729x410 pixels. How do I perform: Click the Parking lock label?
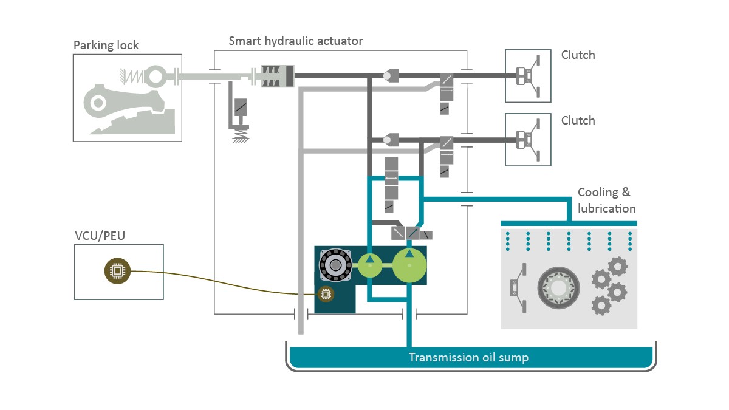click(106, 46)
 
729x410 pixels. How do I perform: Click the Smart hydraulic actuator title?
click(296, 41)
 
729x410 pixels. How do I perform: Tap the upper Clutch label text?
click(578, 55)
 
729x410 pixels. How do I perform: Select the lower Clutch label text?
click(578, 120)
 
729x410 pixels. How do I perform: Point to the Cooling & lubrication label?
click(606, 200)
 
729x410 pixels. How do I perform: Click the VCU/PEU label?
click(100, 236)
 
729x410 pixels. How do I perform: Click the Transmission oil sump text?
click(468, 357)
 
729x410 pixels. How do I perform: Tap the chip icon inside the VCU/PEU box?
click(117, 271)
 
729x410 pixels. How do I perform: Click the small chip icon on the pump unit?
click(326, 295)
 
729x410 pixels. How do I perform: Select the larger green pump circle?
click(409, 266)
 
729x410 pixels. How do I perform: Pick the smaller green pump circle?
click(370, 265)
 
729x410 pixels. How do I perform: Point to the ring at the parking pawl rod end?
click(157, 77)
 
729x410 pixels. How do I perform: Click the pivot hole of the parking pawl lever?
click(97, 104)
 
